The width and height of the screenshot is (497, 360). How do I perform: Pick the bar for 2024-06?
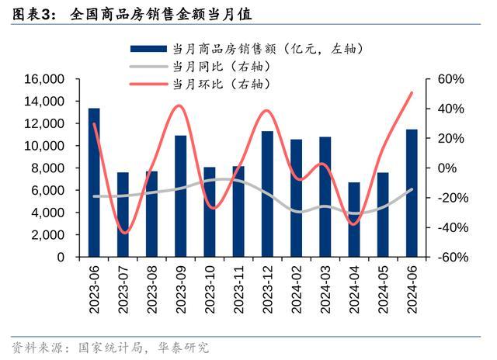coord(412,193)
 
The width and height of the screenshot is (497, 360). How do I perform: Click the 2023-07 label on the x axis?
coord(123,288)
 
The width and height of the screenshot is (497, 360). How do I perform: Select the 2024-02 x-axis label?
coord(297,288)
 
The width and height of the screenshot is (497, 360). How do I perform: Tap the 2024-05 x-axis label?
coord(384,288)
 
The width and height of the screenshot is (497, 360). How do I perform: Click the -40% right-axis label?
coord(450,228)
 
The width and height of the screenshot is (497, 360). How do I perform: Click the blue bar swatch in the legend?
coord(148,49)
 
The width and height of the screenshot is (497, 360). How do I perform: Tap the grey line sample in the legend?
coord(148,66)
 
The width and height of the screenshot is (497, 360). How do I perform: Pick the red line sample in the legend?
coord(148,83)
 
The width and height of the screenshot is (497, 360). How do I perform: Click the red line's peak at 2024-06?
coord(412,93)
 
